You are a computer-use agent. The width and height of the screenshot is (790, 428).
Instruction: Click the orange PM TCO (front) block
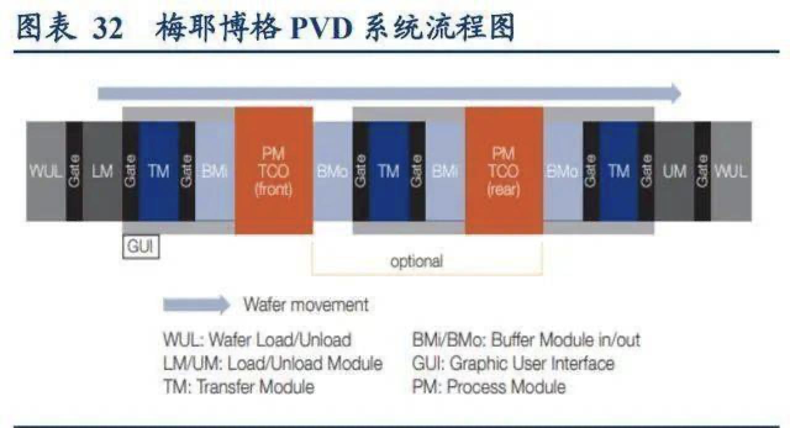coord(273,171)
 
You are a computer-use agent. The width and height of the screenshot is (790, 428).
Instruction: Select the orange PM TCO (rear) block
coord(504,171)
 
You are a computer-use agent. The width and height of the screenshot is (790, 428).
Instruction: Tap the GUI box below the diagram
coord(141,247)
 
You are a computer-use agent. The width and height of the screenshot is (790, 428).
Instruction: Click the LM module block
coord(102,171)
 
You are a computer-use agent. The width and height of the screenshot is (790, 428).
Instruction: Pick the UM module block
coord(674,171)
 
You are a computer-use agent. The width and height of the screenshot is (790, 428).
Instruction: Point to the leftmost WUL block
coord(46,171)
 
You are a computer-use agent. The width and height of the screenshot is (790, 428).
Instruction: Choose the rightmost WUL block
coord(731,171)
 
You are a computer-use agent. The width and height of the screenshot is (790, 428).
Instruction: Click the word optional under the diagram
coord(417,261)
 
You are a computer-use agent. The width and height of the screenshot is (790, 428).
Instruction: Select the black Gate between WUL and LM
coord(74,171)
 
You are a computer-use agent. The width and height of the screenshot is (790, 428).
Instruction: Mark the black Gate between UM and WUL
coord(702,171)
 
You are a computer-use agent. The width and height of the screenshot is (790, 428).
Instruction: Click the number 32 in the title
coord(108,29)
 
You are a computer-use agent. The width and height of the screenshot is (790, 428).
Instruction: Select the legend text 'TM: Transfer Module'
coord(239,387)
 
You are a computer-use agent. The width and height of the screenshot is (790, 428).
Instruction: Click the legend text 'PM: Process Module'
coord(488,387)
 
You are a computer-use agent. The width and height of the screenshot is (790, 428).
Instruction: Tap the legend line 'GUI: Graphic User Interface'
coord(513,363)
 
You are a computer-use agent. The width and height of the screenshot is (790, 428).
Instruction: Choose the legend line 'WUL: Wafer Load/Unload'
coord(257,340)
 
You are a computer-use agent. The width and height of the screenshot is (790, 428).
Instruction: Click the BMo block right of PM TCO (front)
coord(332,171)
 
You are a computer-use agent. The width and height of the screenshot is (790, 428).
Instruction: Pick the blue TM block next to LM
coord(159,171)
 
